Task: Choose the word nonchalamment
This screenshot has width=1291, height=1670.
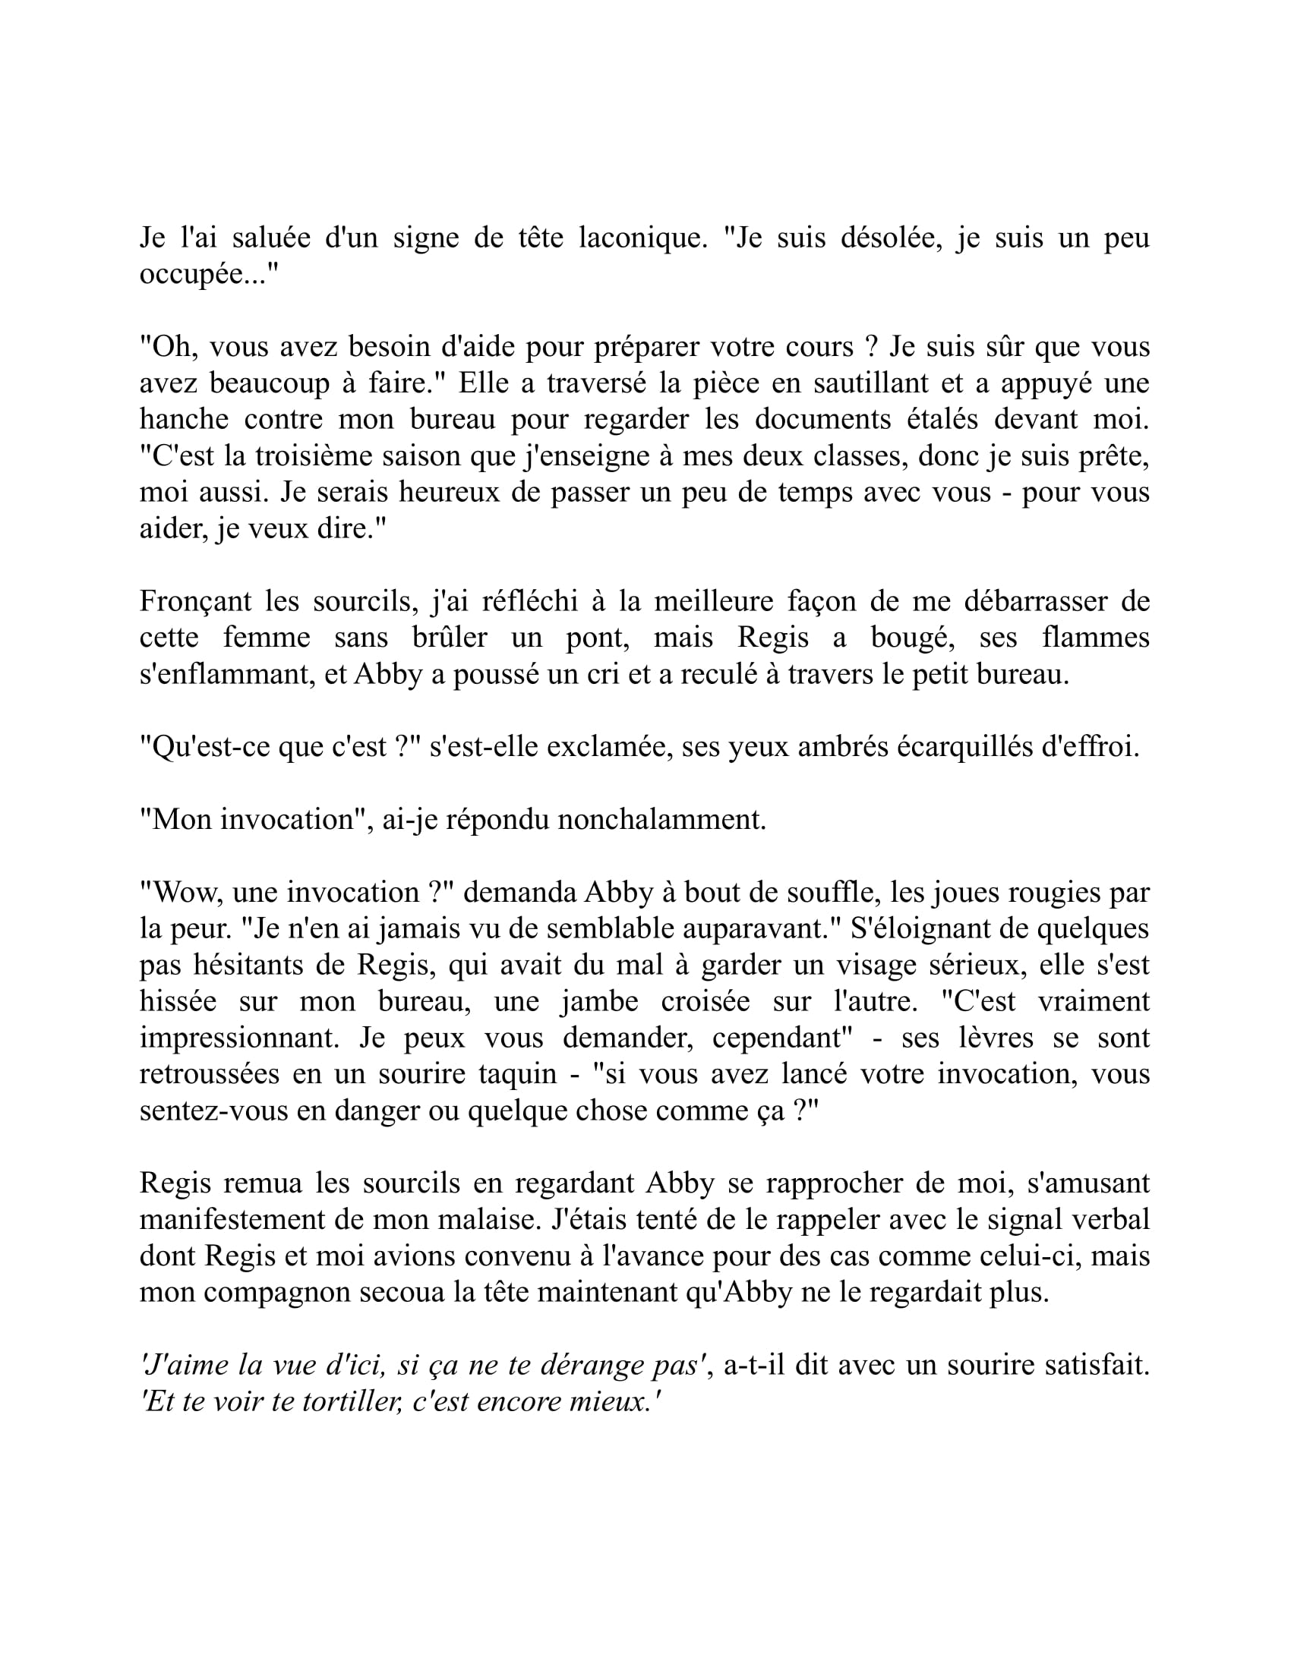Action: (x=661, y=820)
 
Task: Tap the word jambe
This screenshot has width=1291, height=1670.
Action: (x=592, y=1002)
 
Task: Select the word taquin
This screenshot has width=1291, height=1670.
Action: (x=517, y=1074)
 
